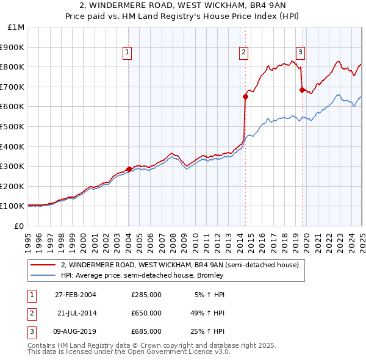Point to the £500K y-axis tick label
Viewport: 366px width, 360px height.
13,126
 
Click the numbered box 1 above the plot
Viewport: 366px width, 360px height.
128,53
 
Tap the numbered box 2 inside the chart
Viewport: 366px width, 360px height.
243,53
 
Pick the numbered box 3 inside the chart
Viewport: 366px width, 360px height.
301,53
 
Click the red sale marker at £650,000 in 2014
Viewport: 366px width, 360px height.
245,96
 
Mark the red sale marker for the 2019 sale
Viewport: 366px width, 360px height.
302,90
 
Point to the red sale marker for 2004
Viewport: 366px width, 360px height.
129,169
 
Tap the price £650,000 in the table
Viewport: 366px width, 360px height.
146,313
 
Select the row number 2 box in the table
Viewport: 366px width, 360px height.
31,313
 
